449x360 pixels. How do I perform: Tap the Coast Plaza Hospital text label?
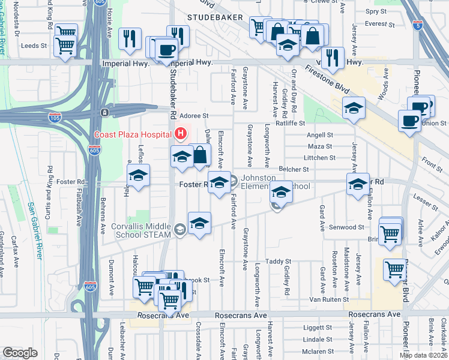click(132, 134)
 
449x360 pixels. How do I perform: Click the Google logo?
click(20, 352)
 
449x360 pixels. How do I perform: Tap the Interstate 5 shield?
click(419, 26)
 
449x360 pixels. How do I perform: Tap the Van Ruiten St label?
click(329, 299)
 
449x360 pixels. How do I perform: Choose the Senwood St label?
click(347, 227)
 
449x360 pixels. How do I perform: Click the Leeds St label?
click(34, 46)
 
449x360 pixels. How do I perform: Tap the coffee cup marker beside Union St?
click(409, 120)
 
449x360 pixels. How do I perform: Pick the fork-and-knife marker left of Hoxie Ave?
click(130, 39)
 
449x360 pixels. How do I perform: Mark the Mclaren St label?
click(313, 352)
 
